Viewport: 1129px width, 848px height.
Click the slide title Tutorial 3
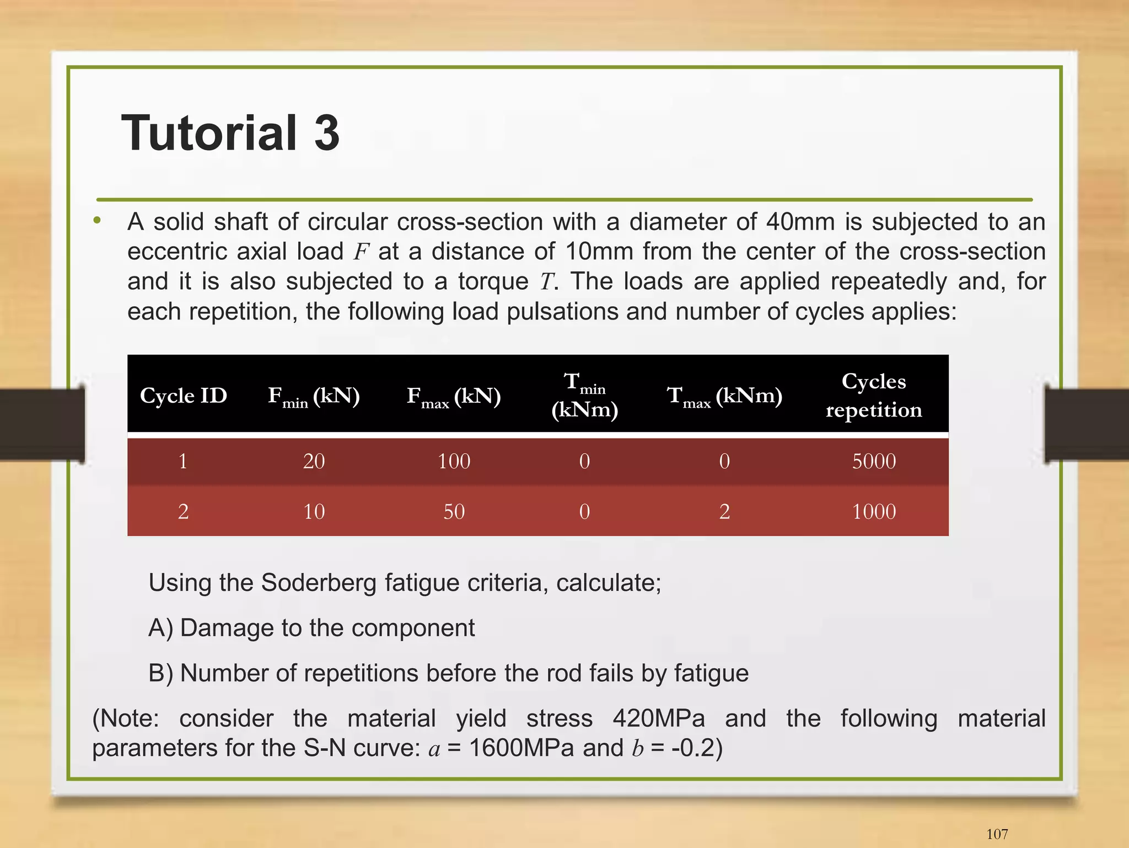point(230,132)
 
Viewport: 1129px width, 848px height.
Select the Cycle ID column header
point(183,396)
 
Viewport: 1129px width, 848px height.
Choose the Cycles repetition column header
point(874,395)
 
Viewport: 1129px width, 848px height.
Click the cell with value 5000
point(874,461)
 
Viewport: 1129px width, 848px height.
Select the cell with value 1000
point(874,511)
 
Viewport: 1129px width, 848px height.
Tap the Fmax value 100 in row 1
point(454,461)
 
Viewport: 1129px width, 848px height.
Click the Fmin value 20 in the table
point(314,461)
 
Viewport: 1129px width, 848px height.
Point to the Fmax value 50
point(454,511)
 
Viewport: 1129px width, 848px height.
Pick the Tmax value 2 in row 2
point(724,511)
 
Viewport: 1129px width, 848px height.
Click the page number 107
point(997,834)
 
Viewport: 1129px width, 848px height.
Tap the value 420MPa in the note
point(659,718)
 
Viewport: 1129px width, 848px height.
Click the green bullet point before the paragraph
point(98,221)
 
